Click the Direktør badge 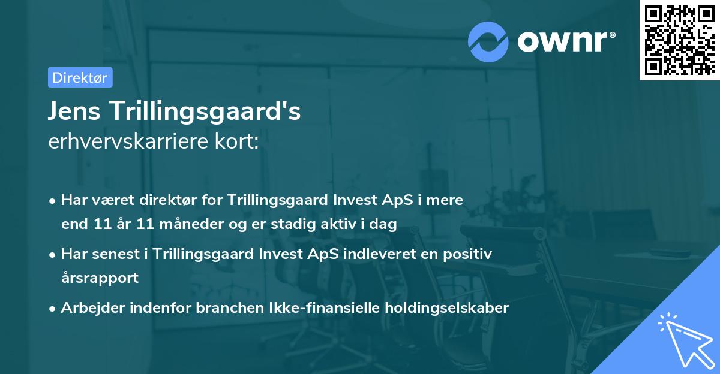[x=80, y=77]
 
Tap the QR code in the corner [x=679, y=40]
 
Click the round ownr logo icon [x=488, y=41]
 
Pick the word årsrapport [x=100, y=278]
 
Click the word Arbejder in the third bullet [x=88, y=308]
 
